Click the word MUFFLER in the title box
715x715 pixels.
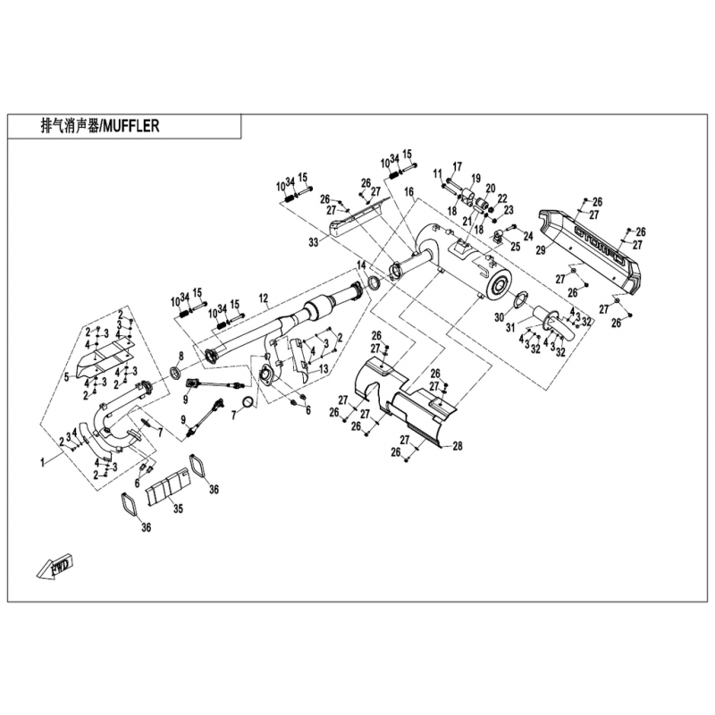pyautogui.click(x=131, y=127)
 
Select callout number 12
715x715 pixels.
pyautogui.click(x=263, y=298)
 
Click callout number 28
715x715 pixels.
pyautogui.click(x=457, y=446)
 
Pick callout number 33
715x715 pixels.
pyautogui.click(x=312, y=242)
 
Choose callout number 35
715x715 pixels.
pyautogui.click(x=178, y=509)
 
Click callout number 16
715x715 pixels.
pyautogui.click(x=408, y=192)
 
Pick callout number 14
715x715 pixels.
pyautogui.click(x=360, y=265)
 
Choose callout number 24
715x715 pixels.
pyautogui.click(x=527, y=236)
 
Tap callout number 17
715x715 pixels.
pyautogui.click(x=457, y=166)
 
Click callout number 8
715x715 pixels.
pyautogui.click(x=180, y=356)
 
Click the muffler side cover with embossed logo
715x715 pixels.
pyautogui.click(x=595, y=245)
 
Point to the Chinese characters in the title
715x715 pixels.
pyautogui.click(x=68, y=127)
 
